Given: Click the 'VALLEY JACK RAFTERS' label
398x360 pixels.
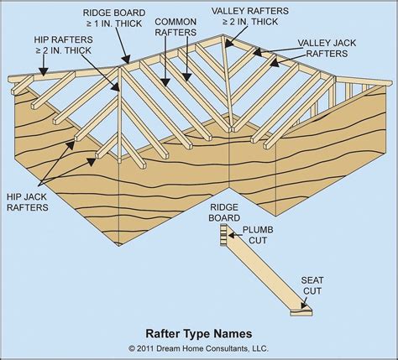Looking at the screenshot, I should coord(332,47).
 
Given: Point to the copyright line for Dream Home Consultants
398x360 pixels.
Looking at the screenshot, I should coord(199,347).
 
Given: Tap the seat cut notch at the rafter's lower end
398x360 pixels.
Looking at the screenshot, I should coord(301,312).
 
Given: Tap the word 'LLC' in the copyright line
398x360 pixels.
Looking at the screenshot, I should coord(266,347).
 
